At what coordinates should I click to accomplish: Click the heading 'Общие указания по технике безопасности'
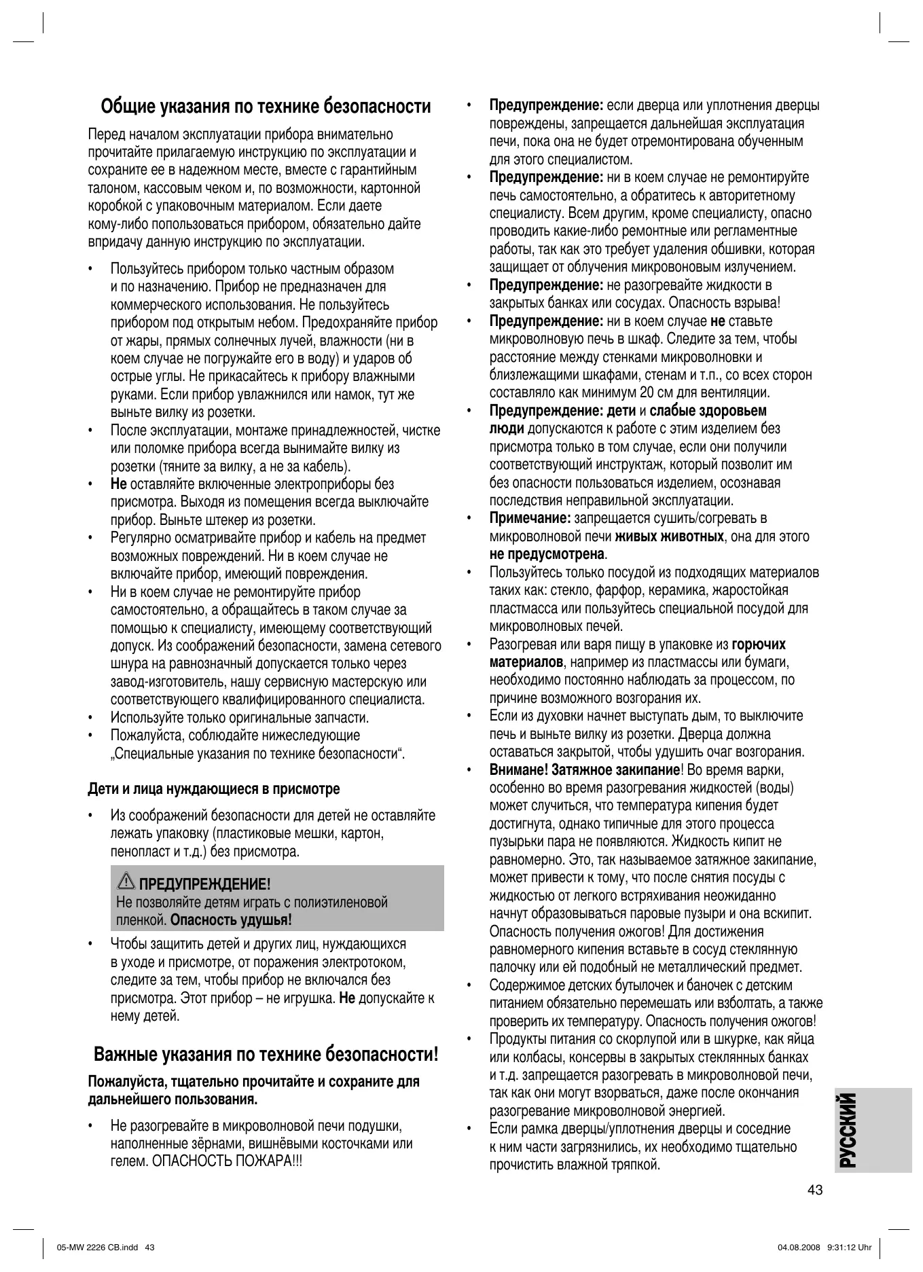[x=266, y=107]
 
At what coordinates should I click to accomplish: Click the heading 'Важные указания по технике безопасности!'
[x=266, y=1055]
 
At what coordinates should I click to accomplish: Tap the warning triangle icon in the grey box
[x=126, y=882]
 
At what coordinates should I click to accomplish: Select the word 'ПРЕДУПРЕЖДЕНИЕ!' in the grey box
[x=204, y=884]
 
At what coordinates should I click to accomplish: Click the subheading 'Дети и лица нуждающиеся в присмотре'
[x=214, y=789]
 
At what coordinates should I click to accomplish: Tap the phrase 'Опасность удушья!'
[x=231, y=921]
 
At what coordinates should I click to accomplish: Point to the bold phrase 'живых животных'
[x=669, y=537]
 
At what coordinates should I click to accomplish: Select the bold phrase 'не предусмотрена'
[x=547, y=554]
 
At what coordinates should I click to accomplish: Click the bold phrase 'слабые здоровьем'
[x=708, y=411]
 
